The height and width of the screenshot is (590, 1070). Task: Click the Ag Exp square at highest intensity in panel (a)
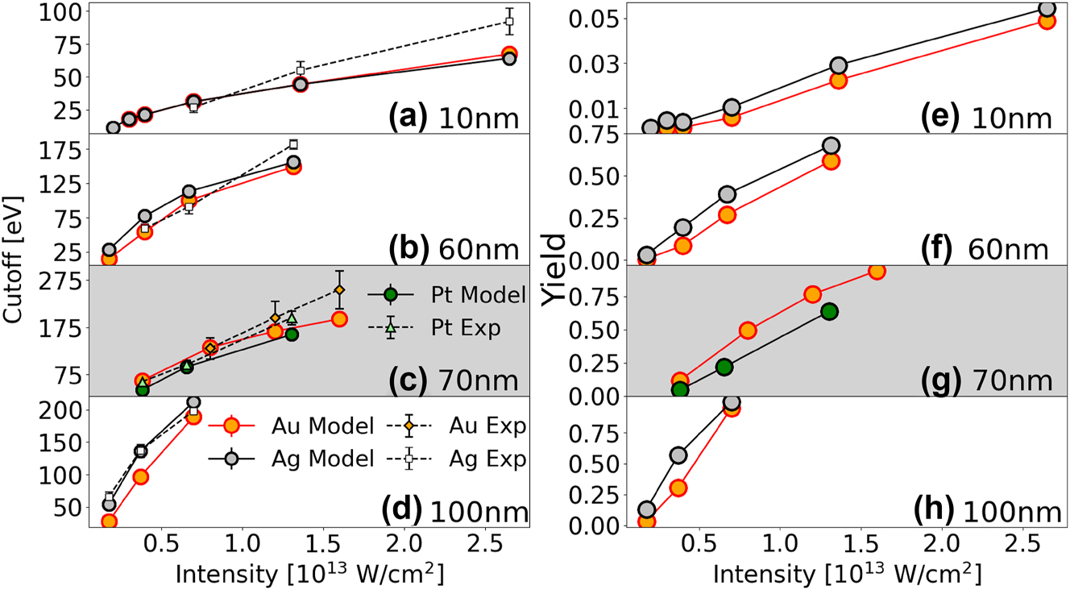(x=509, y=22)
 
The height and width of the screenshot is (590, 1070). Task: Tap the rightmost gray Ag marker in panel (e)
(x=1047, y=10)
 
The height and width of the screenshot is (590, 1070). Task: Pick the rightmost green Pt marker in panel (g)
(x=829, y=312)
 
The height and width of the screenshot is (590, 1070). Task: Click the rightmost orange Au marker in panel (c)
(x=339, y=319)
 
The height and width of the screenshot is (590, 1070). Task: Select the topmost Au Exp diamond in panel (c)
(x=339, y=290)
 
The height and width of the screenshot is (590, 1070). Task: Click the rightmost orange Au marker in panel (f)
(x=832, y=160)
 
